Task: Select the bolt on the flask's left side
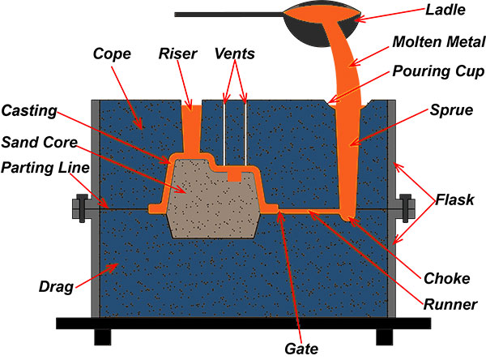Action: click(x=81, y=208)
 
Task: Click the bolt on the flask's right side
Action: click(x=406, y=208)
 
